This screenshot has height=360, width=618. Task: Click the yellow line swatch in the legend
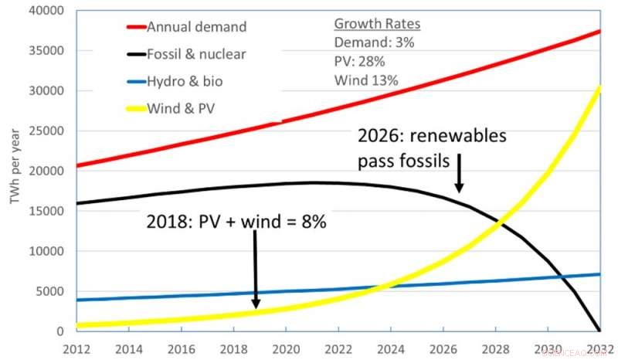point(138,107)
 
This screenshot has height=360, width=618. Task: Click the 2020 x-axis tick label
point(286,347)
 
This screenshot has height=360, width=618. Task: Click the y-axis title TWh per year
point(13,172)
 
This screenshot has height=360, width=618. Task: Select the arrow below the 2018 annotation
point(256,270)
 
